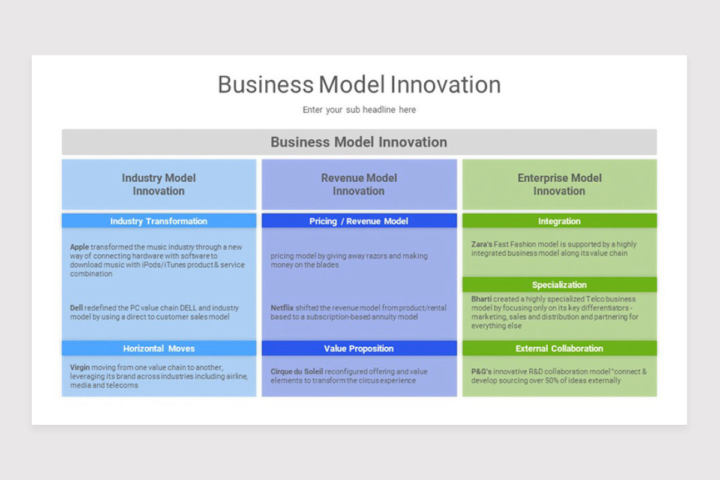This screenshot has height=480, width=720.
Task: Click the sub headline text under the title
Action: (359, 110)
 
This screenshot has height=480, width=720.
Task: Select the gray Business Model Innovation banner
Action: (359, 142)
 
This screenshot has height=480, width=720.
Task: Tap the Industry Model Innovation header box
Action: (158, 184)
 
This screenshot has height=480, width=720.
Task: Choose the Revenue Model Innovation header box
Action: (359, 184)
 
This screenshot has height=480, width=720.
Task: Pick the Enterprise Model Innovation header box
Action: (559, 184)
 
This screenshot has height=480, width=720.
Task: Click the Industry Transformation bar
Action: (158, 221)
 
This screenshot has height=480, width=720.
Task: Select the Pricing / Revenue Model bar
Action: (359, 221)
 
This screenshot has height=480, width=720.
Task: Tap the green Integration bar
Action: (559, 221)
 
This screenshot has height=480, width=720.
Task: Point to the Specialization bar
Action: (559, 284)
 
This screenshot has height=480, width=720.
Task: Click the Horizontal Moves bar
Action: (158, 348)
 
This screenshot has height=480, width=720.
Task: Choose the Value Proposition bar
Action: (359, 348)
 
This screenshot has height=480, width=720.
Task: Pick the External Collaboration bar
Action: (559, 348)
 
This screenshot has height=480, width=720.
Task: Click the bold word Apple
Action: (79, 247)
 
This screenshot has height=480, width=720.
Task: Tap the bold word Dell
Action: (76, 308)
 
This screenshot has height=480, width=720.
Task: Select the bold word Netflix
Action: (282, 308)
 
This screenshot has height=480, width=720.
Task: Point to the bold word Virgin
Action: (80, 367)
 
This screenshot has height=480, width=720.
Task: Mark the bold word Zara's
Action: (482, 244)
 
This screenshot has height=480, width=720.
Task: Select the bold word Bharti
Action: (481, 299)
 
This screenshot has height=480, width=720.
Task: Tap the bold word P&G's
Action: (481, 371)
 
